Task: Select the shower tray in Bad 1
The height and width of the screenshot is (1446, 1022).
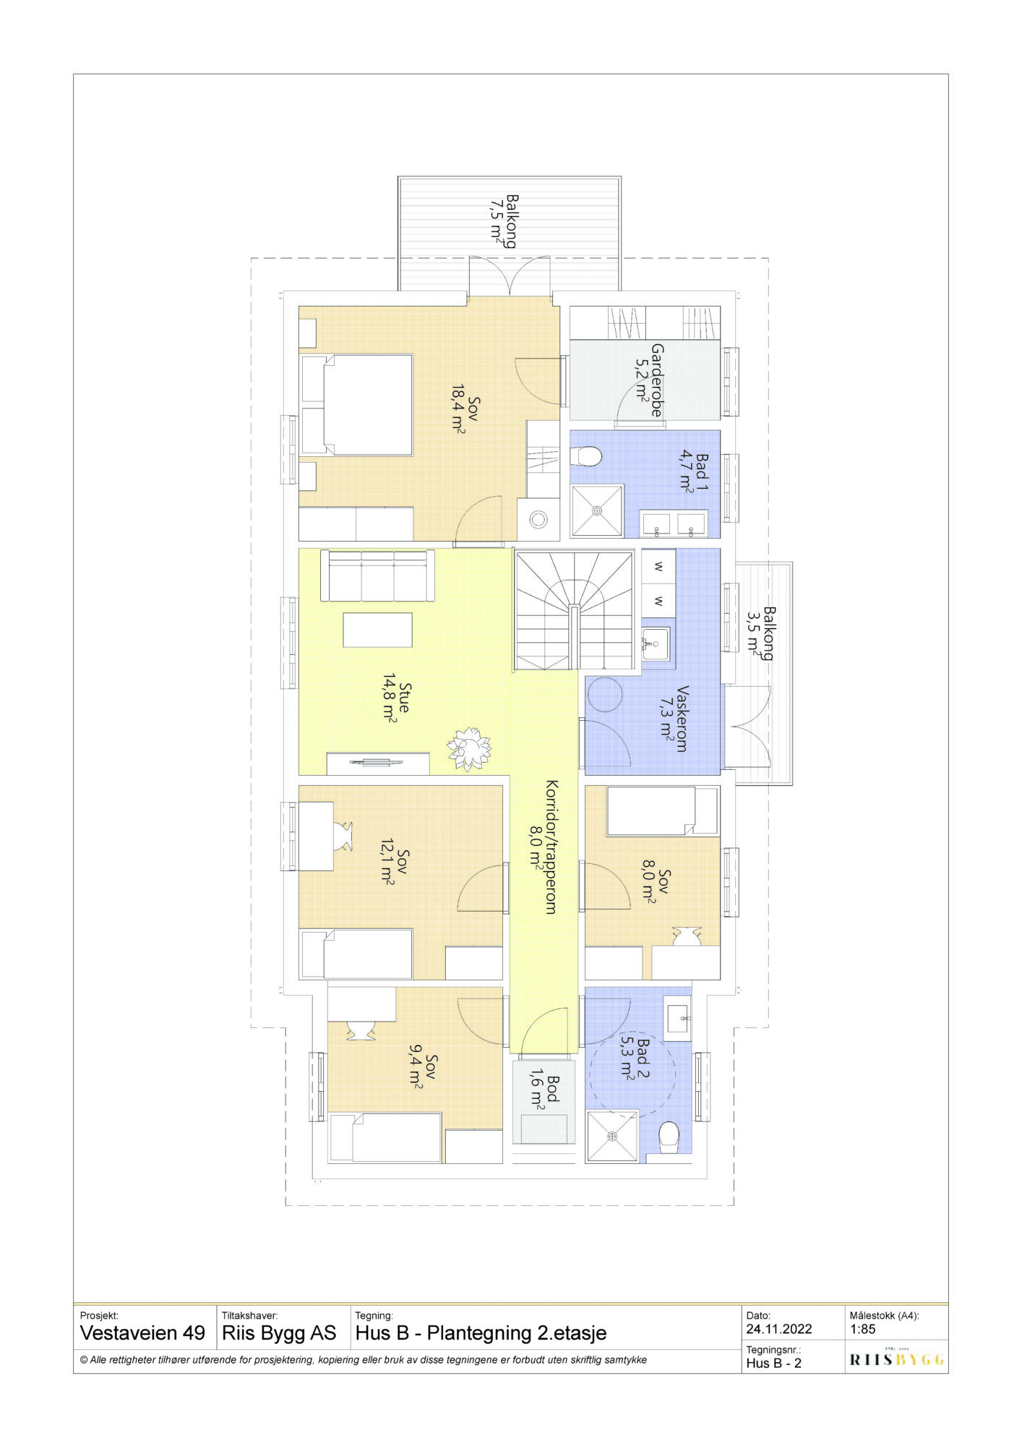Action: click(597, 510)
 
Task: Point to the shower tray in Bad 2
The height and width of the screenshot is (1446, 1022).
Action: click(612, 1137)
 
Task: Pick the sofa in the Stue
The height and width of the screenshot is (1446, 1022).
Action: click(377, 576)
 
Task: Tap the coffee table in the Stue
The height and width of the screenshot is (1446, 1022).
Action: click(377, 630)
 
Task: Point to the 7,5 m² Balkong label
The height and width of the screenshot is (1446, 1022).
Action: click(504, 221)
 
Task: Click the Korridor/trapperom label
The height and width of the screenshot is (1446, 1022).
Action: click(543, 847)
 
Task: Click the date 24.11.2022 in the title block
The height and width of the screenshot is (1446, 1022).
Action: click(779, 1329)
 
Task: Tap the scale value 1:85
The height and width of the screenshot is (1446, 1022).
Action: click(863, 1329)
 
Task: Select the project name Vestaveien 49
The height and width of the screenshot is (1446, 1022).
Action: click(142, 1332)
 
